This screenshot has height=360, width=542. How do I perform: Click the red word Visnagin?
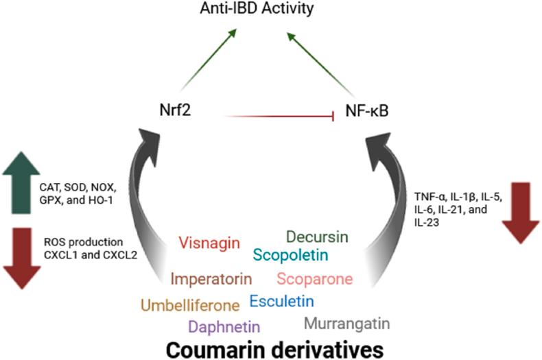click(209, 243)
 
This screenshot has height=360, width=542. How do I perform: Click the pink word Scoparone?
click(315, 279)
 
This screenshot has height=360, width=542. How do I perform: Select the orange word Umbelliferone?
click(191, 304)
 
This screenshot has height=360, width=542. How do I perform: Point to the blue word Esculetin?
click(281, 300)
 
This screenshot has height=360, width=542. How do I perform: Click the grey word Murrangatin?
click(346, 322)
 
